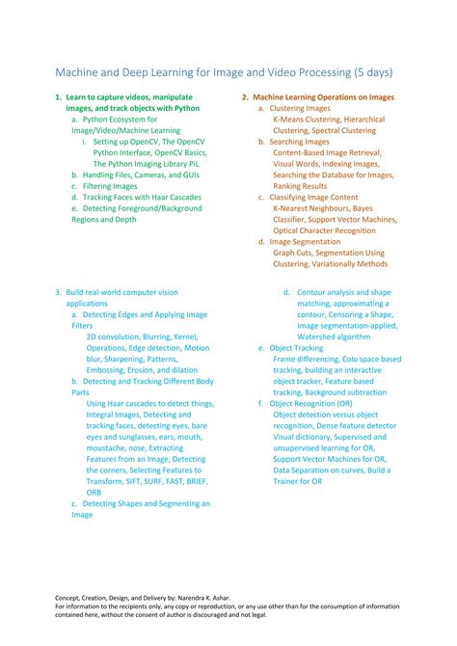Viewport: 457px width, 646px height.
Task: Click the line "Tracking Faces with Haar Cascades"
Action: coord(142,197)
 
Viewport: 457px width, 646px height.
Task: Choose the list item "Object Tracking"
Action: coord(296,348)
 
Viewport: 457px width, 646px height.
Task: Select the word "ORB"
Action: coord(94,492)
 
